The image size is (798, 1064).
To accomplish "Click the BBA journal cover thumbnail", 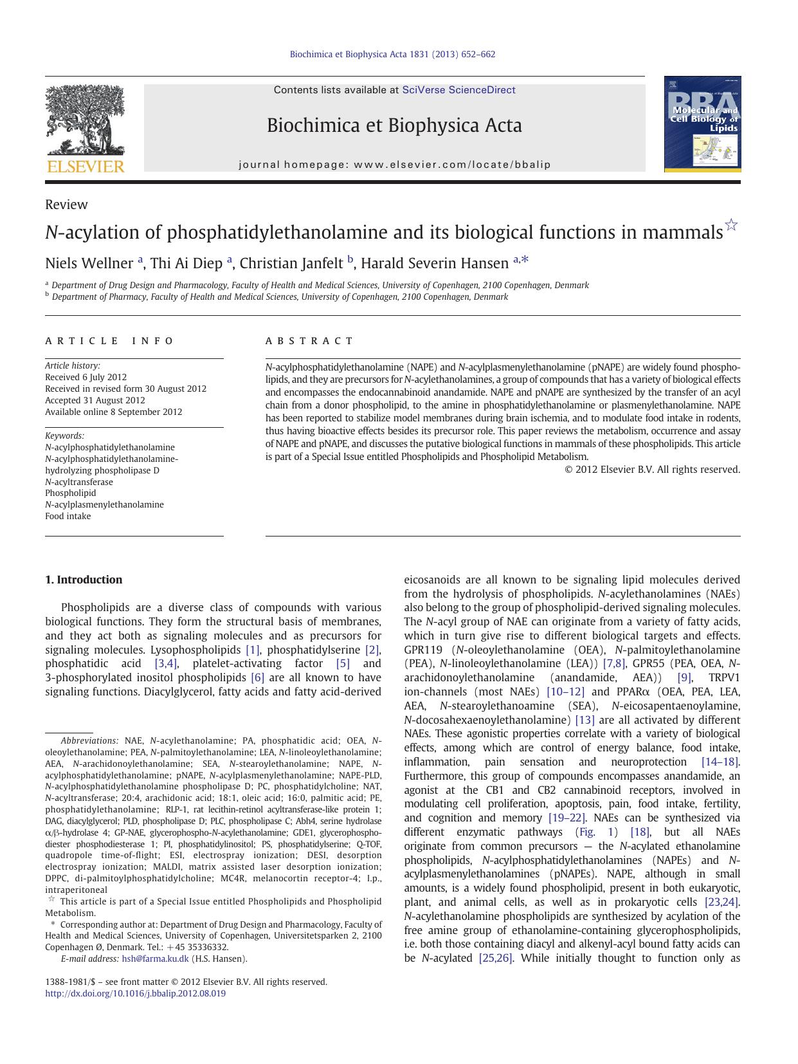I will [x=702, y=124].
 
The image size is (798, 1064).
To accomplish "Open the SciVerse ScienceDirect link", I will [x=458, y=90].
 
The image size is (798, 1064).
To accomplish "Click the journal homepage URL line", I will [x=394, y=165].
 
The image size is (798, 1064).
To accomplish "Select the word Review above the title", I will [x=66, y=205].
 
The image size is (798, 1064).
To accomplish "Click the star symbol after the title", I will [x=731, y=225].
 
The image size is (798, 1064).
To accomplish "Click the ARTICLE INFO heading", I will [x=109, y=341].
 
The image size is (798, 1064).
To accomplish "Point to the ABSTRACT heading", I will [x=309, y=341].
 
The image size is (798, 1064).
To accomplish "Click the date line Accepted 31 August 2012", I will [x=95, y=400].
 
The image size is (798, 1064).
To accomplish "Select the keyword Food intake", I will [x=68, y=516].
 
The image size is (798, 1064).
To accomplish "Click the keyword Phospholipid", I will [x=71, y=493].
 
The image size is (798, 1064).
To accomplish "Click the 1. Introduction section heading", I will [x=84, y=580].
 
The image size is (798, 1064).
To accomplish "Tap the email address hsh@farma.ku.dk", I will [x=155, y=959].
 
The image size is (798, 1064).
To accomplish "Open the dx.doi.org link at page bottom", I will [x=135, y=993].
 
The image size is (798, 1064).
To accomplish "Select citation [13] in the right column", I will [x=585, y=720].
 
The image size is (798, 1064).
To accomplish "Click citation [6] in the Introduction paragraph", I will [x=257, y=677].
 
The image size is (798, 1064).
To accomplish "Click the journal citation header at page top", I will [x=392, y=55].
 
